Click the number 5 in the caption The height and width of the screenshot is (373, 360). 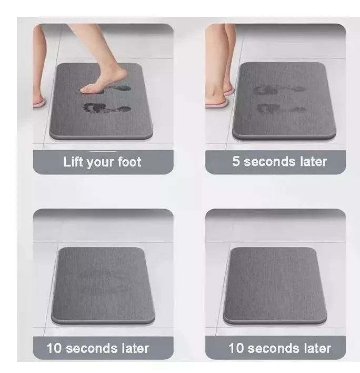coord(235,161)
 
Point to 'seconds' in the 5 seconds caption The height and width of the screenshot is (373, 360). coord(269,162)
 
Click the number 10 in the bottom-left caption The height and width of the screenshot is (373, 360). coord(54,348)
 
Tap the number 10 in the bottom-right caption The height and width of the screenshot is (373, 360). coord(236,348)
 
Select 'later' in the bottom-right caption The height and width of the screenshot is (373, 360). coord(317,348)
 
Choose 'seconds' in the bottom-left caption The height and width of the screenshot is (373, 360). coord(92,348)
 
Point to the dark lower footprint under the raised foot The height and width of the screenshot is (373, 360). coord(107,109)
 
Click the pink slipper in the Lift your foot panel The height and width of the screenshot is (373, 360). coord(38,103)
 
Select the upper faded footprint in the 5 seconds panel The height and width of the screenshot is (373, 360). coord(279,90)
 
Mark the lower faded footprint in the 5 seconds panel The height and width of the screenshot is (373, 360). coord(282,109)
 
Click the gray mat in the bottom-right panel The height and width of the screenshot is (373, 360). coord(275,286)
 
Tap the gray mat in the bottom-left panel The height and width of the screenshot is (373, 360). coord(103,286)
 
